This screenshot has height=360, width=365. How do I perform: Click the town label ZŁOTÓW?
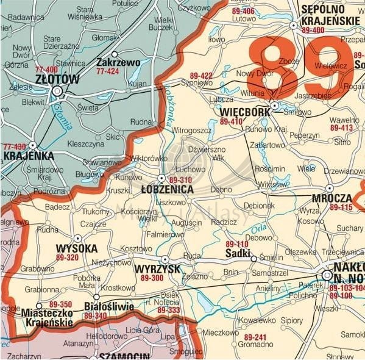click(x=57, y=79)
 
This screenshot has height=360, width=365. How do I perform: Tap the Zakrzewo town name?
click(x=118, y=62)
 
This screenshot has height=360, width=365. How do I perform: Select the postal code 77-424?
click(x=108, y=71)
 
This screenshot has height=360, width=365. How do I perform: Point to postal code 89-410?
click(x=232, y=122)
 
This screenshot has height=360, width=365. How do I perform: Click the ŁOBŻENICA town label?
click(x=166, y=190)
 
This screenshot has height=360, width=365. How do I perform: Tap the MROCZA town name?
click(x=331, y=198)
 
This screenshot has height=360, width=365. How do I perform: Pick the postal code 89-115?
click(x=341, y=207)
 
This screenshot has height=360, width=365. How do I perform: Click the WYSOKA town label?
click(x=76, y=248)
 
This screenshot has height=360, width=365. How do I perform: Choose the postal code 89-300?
click(x=152, y=278)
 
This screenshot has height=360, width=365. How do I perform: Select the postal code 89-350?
click(x=60, y=304)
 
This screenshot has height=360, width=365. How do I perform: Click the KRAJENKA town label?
click(x=29, y=156)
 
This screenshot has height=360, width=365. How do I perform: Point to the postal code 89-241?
click(x=256, y=337)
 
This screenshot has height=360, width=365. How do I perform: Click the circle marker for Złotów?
click(x=58, y=92)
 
